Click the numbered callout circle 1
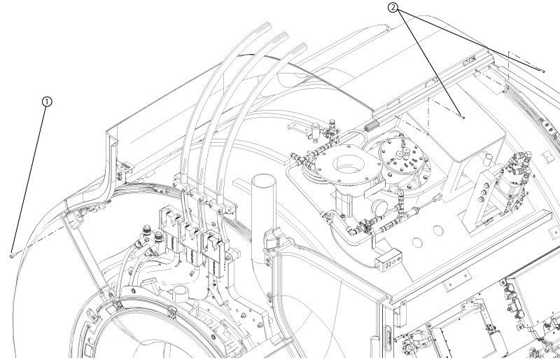tap(47, 102)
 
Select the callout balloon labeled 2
tap(393, 8)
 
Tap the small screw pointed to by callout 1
tap(12, 256)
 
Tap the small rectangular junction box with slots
tap(388, 261)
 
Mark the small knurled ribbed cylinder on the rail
tap(372, 126)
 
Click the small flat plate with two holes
tap(458, 281)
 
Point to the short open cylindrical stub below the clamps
tap(181, 294)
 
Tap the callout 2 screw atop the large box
tap(463, 117)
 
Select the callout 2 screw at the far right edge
tap(543, 71)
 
